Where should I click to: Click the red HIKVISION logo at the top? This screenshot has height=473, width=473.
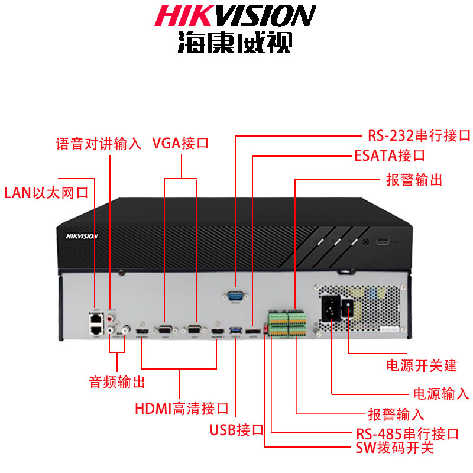(x=235, y=16)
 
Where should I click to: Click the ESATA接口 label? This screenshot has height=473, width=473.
(x=390, y=156)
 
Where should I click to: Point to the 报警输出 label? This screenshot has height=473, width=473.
(x=414, y=180)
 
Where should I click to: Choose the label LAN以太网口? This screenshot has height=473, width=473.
(x=46, y=193)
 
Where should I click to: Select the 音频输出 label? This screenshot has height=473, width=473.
(x=116, y=382)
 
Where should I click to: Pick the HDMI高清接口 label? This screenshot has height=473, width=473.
(x=182, y=408)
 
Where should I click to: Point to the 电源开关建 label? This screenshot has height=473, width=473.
(x=422, y=365)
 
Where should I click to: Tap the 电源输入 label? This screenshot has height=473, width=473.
(x=440, y=393)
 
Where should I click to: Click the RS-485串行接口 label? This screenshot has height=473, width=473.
(x=407, y=434)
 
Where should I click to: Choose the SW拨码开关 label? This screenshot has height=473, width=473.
(x=394, y=448)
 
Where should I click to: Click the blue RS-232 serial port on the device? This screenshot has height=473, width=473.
(x=235, y=295)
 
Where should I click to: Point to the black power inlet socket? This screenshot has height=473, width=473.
(x=330, y=307)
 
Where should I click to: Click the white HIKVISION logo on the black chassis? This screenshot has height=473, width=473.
(x=82, y=235)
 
